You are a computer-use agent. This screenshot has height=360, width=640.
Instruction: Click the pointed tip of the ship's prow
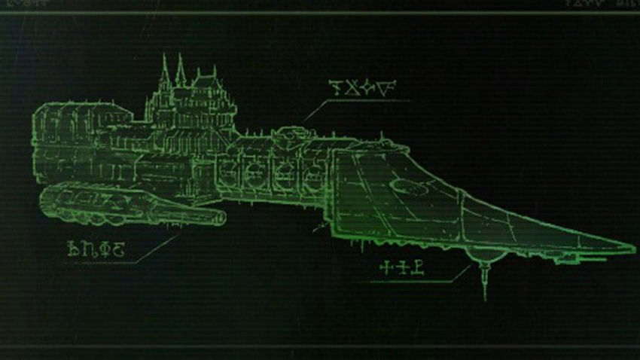point(633,249)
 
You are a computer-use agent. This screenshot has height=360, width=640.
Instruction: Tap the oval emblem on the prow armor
point(411,184)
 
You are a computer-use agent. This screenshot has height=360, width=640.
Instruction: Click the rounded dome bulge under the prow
point(482,260)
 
